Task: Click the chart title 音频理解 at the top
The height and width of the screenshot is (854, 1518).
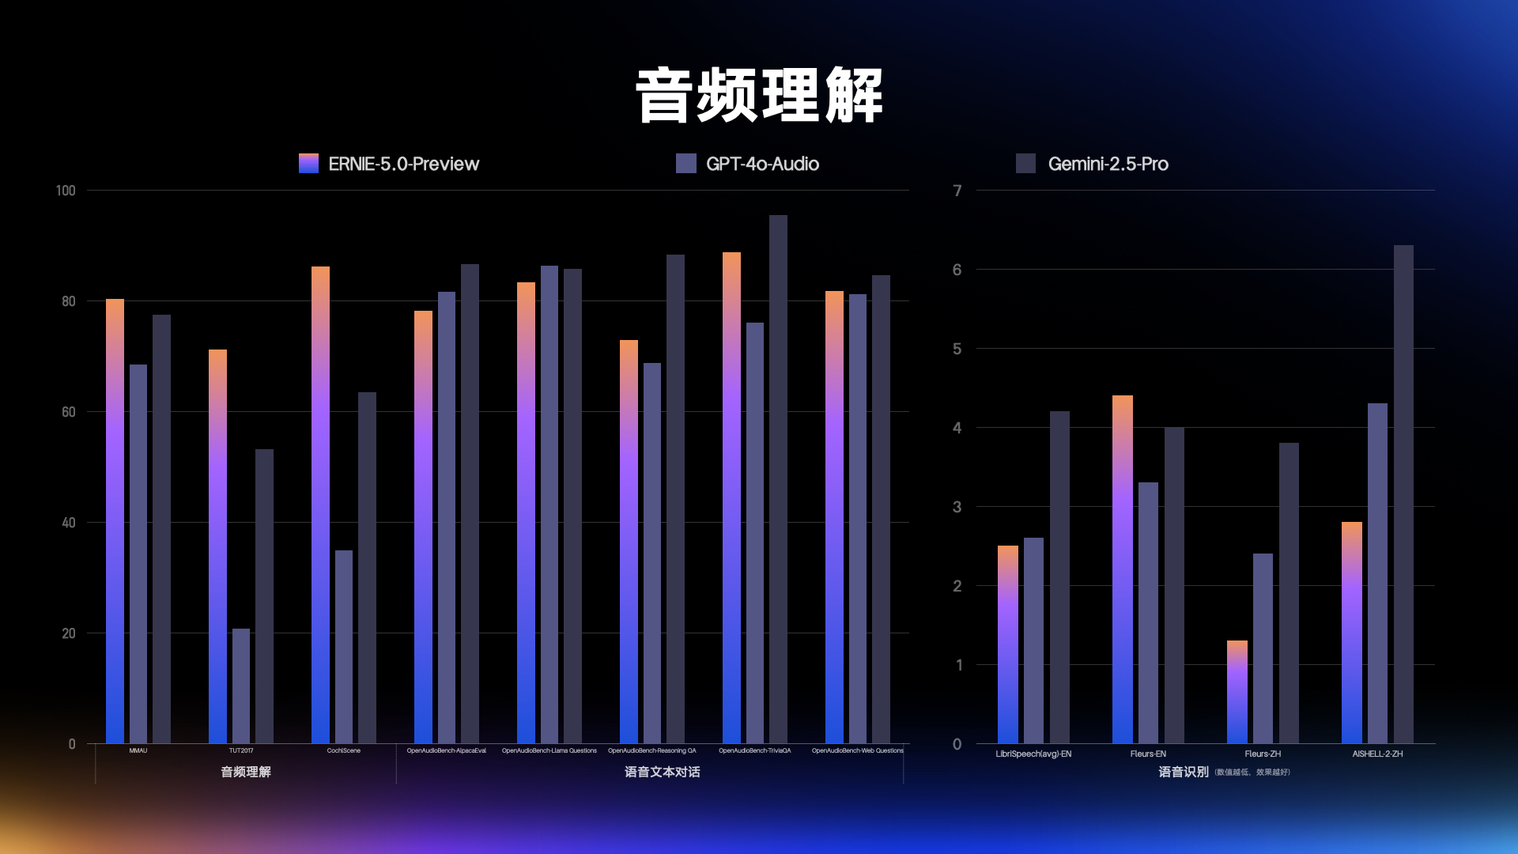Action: pyautogui.click(x=759, y=96)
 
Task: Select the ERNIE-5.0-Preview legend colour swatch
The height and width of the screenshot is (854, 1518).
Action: pyautogui.click(x=308, y=164)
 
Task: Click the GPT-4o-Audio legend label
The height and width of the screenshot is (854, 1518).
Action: pyautogui.click(x=762, y=164)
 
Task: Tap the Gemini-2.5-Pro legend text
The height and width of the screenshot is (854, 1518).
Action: pyautogui.click(x=1108, y=164)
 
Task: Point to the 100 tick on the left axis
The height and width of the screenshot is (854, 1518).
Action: pyautogui.click(x=66, y=191)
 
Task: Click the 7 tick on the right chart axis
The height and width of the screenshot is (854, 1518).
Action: pyautogui.click(x=957, y=191)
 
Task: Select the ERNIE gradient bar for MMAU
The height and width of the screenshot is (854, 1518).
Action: pyautogui.click(x=115, y=522)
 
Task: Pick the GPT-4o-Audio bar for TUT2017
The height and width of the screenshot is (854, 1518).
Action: pyautogui.click(x=241, y=686)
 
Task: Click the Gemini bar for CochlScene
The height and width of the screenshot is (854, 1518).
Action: pyautogui.click(x=367, y=568)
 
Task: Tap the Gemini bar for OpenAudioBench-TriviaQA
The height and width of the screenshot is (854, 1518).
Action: pyautogui.click(x=778, y=479)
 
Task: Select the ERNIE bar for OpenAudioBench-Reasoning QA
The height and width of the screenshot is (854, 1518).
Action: pyautogui.click(x=629, y=542)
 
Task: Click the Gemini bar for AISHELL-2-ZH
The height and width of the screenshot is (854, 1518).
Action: pyautogui.click(x=1403, y=494)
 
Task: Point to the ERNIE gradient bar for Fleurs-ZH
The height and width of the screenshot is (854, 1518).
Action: pyautogui.click(x=1237, y=692)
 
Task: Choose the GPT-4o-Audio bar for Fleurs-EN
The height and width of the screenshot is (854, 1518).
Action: pyautogui.click(x=1148, y=613)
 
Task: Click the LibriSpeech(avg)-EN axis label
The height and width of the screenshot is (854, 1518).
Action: pyautogui.click(x=1033, y=754)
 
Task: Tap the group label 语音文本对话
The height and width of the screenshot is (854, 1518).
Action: pyautogui.click(x=662, y=772)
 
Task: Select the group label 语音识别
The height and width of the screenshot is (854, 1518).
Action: pyautogui.click(x=1183, y=772)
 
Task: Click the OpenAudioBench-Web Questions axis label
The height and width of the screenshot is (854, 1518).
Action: pyautogui.click(x=857, y=750)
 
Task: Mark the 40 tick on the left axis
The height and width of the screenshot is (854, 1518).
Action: pyautogui.click(x=68, y=523)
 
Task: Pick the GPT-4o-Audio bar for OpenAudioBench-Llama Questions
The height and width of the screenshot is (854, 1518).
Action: pyautogui.click(x=549, y=504)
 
